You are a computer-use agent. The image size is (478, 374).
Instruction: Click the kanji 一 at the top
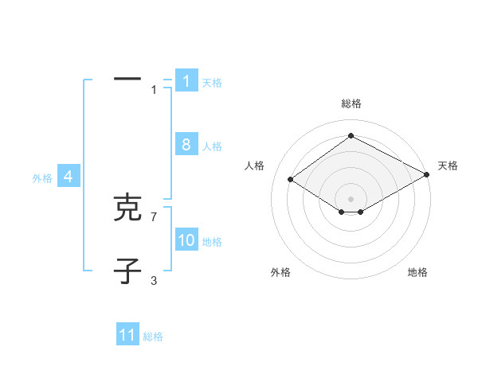point(127,80)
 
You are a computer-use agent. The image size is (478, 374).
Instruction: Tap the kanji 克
point(127,208)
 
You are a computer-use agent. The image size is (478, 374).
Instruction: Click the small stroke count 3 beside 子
point(154,280)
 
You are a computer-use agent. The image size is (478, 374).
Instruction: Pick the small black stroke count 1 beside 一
point(154,90)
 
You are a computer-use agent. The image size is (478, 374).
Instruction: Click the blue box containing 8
point(186,145)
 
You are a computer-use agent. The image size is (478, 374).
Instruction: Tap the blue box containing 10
point(186,240)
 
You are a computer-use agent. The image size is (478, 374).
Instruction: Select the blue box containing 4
point(69,177)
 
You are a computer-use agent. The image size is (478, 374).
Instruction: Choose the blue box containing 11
point(127,335)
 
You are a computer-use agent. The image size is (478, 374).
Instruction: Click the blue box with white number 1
point(186,81)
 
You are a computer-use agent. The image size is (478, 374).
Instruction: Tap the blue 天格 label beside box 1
point(212,82)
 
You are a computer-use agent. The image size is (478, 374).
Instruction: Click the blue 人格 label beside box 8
point(212,146)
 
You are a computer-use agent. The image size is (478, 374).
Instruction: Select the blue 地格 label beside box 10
point(212,242)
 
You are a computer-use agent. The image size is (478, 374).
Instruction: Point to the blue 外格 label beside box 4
point(42,179)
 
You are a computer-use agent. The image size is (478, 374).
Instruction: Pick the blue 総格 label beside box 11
point(153,337)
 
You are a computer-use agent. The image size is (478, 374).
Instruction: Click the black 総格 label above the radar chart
point(351,103)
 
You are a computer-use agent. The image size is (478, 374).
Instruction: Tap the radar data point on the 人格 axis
point(291,180)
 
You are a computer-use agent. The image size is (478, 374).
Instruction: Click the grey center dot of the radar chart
point(351,198)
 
